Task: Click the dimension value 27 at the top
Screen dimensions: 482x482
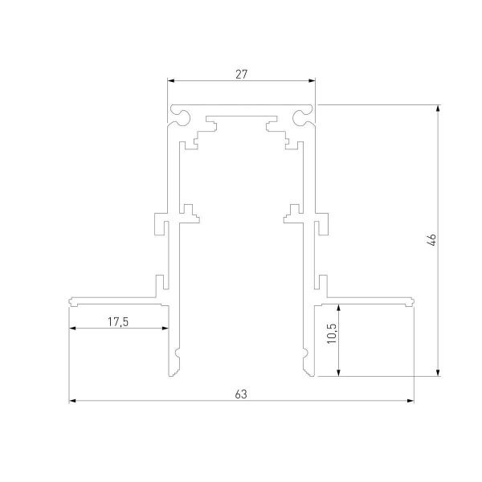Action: click(242, 73)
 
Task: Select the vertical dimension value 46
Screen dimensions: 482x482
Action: click(431, 239)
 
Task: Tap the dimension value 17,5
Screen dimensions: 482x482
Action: click(118, 321)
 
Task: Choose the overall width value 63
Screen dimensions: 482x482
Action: click(241, 394)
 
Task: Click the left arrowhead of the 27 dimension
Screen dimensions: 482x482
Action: click(171, 80)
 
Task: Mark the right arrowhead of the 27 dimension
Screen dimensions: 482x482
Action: click(312, 80)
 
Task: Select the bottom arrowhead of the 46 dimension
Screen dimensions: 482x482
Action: click(439, 371)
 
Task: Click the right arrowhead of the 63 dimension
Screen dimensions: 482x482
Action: click(411, 400)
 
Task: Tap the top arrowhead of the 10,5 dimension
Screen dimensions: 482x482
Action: click(339, 308)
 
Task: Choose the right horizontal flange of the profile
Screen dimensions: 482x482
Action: click(366, 300)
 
